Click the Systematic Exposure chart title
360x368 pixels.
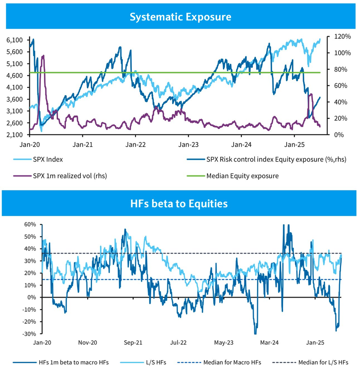pos(180,17)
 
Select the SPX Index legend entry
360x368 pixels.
pos(47,159)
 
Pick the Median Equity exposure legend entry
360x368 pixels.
pos(242,176)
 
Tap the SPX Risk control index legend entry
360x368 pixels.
pos(276,159)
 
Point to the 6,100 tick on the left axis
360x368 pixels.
pos(14,40)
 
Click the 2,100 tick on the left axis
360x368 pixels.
pos(14,135)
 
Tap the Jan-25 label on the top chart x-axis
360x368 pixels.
pos(294,144)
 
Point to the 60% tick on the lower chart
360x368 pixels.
pos(30,224)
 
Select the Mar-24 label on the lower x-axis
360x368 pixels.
pos(270,342)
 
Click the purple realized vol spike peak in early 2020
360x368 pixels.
pos(43,56)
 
